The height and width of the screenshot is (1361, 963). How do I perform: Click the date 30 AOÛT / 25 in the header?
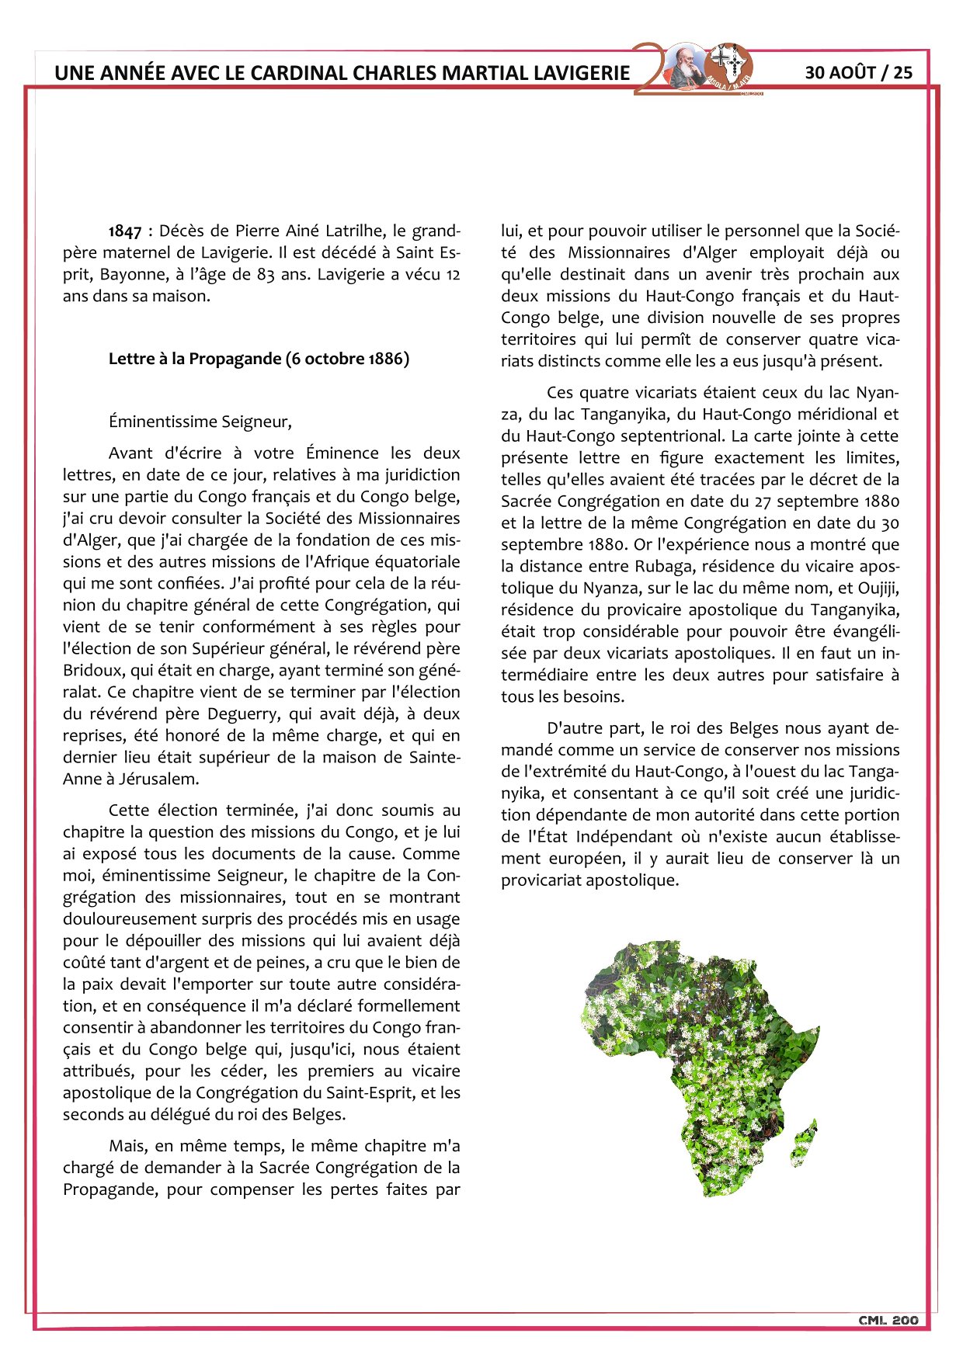(x=858, y=72)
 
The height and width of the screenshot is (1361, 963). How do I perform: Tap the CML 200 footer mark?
(x=888, y=1320)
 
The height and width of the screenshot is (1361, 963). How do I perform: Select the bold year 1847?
(x=125, y=231)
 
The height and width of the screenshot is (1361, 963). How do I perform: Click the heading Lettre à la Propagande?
(x=259, y=359)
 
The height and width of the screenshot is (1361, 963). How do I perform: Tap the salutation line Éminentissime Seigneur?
(x=200, y=422)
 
